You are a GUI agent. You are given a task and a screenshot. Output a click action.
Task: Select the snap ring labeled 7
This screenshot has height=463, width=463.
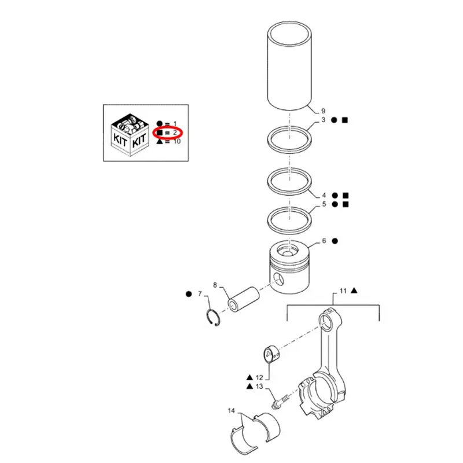(x=214, y=319)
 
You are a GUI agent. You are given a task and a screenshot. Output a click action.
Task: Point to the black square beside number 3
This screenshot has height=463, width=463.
(x=345, y=120)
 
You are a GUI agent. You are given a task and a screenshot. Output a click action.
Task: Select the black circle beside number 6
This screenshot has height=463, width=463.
(x=335, y=240)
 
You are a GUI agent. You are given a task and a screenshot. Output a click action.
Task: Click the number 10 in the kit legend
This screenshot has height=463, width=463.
(x=177, y=141)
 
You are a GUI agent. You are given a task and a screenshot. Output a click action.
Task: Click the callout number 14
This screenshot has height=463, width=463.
(x=231, y=411)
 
